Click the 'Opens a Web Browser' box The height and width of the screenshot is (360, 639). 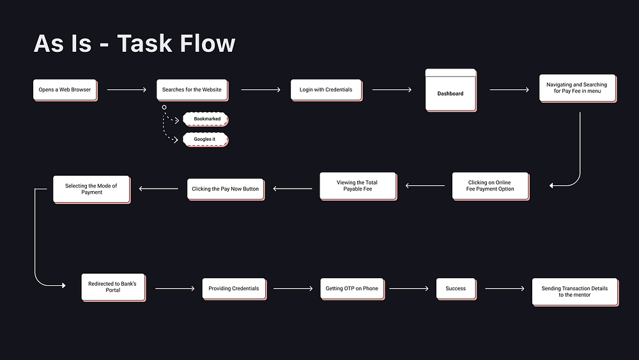[x=65, y=90]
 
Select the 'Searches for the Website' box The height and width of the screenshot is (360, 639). [x=192, y=90]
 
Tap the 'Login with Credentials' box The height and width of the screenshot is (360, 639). [x=326, y=90]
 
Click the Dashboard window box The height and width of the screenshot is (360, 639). [x=450, y=91]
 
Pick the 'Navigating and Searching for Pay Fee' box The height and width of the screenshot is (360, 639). [x=577, y=88]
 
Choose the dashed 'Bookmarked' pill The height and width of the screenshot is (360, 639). [x=206, y=119]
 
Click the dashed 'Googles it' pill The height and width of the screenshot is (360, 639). [x=205, y=139]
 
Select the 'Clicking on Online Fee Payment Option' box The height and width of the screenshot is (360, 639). [x=490, y=185]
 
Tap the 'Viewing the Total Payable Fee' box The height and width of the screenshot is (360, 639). [x=357, y=186]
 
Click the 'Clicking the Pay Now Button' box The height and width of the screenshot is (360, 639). [x=225, y=189]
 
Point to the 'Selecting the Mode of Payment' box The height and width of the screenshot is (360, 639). [x=91, y=189]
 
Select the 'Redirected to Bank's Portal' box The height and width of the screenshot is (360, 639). [x=112, y=287]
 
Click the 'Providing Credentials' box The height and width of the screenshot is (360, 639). [x=234, y=288]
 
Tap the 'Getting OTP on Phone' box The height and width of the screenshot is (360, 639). [x=351, y=288]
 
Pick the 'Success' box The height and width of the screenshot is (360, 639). [x=456, y=288]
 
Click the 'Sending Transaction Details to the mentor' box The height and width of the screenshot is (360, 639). [x=574, y=292]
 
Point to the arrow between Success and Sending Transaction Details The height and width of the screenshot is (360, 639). [x=504, y=289]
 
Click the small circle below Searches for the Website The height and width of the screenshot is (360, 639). [x=164, y=107]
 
